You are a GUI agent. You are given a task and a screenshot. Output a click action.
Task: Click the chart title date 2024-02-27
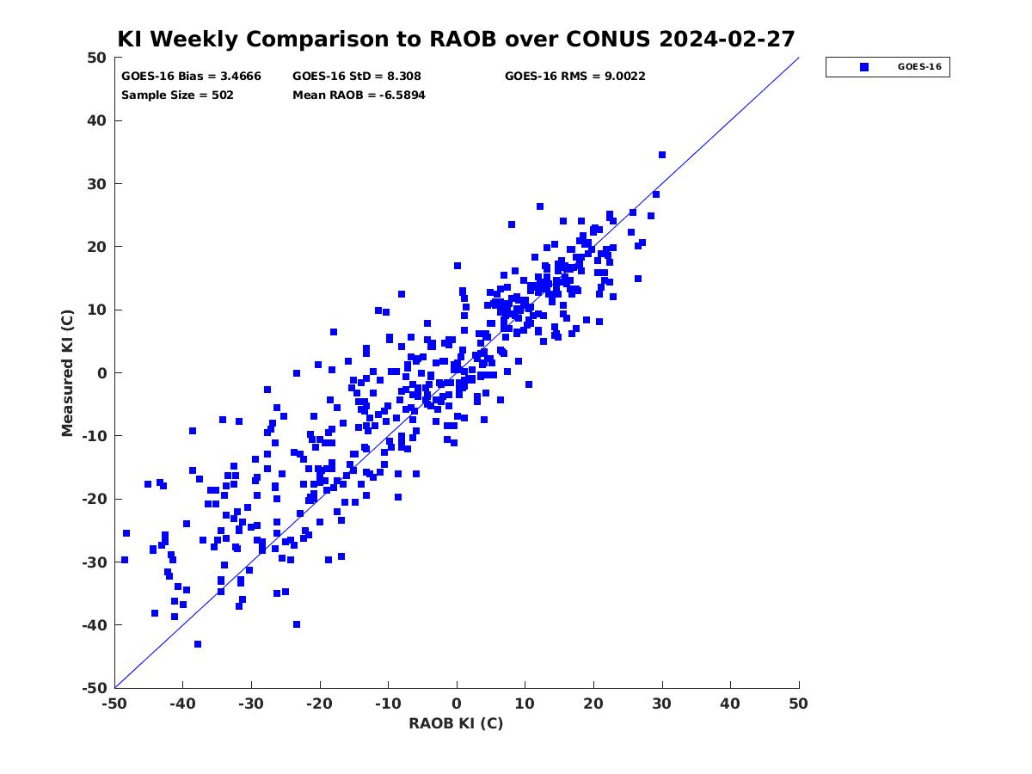coord(727,39)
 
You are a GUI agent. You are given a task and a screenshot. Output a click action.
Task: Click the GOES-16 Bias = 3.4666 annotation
coord(191,77)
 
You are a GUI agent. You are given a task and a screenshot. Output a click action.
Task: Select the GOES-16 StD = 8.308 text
coord(356,77)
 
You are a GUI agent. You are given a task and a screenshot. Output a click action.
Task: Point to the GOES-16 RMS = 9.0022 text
coord(575,77)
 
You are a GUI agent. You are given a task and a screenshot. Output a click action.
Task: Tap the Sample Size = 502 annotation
coord(177,95)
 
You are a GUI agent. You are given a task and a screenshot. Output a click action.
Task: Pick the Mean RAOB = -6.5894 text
coord(359,95)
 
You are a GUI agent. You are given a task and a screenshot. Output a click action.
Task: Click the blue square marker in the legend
coord(864,67)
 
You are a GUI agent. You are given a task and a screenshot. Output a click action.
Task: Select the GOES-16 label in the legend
coord(919,67)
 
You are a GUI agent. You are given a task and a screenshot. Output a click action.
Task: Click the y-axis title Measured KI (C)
coord(67,373)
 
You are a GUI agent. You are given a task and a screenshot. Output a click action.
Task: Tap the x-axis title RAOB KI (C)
coord(456,723)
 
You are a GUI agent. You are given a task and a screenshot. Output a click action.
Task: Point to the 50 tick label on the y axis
coord(97,58)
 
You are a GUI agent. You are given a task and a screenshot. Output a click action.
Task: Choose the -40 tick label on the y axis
coord(95,625)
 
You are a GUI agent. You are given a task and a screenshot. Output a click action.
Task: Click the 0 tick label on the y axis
coord(102,373)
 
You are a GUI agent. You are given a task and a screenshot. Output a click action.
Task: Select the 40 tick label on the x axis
coord(730,703)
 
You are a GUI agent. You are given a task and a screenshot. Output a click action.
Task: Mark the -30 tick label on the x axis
coord(251,703)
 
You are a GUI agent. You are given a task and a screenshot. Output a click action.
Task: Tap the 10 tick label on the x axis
coord(525,703)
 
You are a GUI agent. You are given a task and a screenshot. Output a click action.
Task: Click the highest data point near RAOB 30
coord(662,155)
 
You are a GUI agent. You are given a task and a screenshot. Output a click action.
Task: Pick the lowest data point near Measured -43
coord(198,644)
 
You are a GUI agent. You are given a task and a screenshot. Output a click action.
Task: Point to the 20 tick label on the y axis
coord(97,247)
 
